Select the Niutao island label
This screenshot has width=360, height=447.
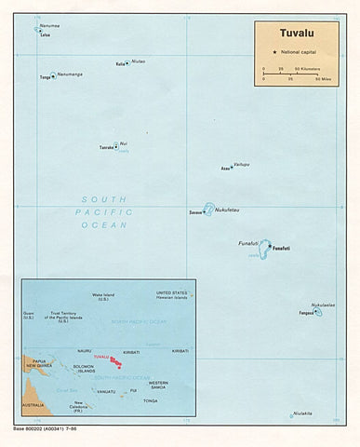(x=138, y=63)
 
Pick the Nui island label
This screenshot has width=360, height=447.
(x=124, y=142)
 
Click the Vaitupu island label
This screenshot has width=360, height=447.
(x=242, y=164)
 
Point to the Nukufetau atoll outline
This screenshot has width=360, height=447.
(x=208, y=210)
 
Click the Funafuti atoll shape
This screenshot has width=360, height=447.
(x=266, y=249)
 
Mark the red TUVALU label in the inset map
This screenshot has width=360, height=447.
(x=101, y=357)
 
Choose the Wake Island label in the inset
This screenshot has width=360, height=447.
(x=102, y=297)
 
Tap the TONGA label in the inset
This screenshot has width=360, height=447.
(x=150, y=400)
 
